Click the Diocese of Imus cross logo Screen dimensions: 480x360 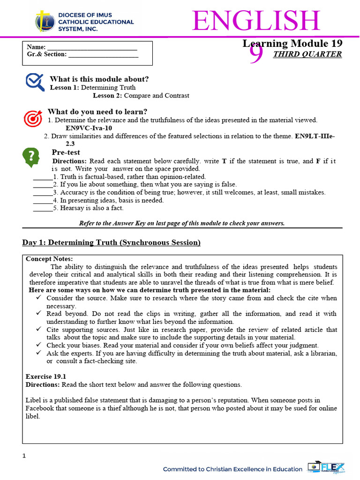[x=44, y=22]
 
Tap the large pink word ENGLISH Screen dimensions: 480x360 [x=256, y=21]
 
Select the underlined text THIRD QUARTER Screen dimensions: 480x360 [x=307, y=54]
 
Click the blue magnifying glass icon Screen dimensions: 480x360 [x=35, y=82]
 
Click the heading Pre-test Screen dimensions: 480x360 [x=66, y=152]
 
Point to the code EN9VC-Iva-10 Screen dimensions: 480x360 [x=89, y=128]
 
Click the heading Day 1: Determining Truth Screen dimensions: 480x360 [x=112, y=242]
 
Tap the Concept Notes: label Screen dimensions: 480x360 [x=49, y=259]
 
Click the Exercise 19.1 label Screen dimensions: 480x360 [x=46, y=376]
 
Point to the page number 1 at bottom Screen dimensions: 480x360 [x=24, y=456]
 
